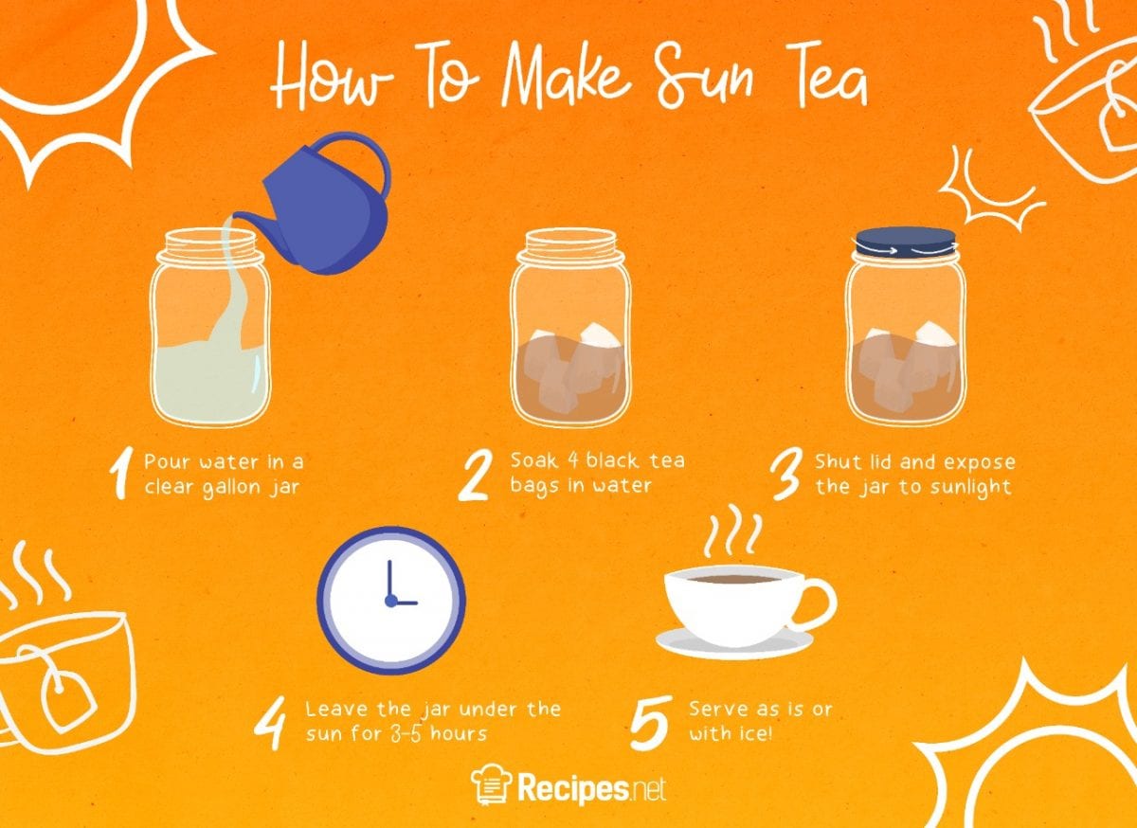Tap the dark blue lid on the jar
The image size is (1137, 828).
pyautogui.click(x=905, y=243)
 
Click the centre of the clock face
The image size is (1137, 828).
pyautogui.click(x=390, y=601)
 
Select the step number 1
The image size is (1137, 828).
pyautogui.click(x=119, y=475)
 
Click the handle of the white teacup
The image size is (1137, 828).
pyautogui.click(x=817, y=603)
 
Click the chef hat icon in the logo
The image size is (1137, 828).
pyautogui.click(x=490, y=785)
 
